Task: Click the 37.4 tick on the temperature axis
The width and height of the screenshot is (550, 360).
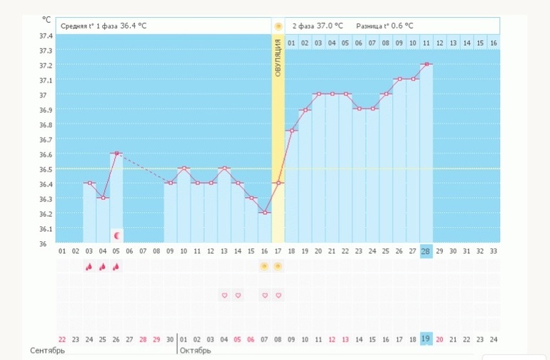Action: [46, 36]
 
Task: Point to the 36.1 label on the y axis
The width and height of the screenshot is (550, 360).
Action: [46, 229]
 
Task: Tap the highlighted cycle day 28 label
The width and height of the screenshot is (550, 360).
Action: [426, 251]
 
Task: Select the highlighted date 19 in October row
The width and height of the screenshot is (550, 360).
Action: [426, 339]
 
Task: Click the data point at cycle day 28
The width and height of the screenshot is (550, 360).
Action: [426, 64]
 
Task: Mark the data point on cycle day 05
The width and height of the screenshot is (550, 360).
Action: [116, 154]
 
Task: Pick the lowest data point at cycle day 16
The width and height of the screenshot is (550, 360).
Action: [265, 213]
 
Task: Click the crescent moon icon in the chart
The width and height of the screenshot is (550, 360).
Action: [118, 236]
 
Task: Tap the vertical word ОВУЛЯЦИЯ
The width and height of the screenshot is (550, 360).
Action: [278, 58]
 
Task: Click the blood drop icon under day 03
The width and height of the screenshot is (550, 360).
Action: [89, 267]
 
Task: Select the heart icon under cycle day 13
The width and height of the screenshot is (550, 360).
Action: [224, 296]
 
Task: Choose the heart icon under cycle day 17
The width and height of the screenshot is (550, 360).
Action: [278, 296]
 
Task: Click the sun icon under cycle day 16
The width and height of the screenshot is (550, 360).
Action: [264, 266]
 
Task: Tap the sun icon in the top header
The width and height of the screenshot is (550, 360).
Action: [278, 26]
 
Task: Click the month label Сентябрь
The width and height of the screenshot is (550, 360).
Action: [47, 351]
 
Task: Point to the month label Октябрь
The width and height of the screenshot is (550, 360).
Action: [196, 351]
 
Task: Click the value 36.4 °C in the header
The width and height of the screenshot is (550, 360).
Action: [134, 26]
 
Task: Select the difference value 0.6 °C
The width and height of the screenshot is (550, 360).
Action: [402, 26]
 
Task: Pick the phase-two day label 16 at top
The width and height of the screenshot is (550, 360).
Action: [494, 43]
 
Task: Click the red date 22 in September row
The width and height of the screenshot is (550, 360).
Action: [62, 339]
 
